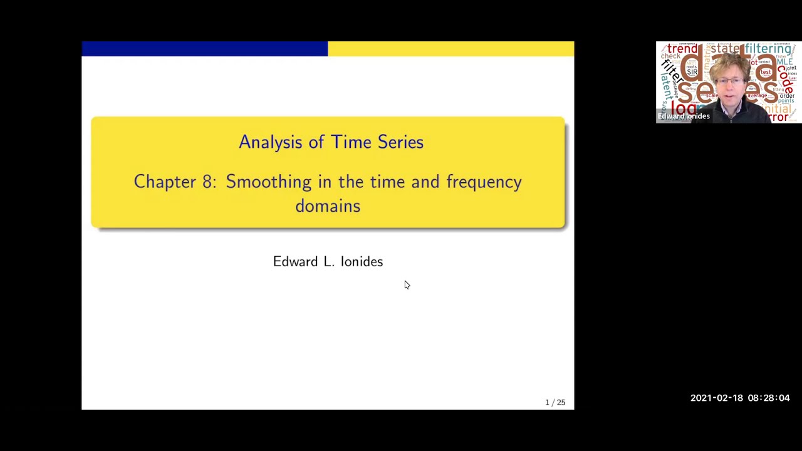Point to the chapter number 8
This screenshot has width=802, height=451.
click(207, 182)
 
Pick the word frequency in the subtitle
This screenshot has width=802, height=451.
click(484, 182)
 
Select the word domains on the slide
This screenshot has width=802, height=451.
click(328, 206)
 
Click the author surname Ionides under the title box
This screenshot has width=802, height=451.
click(362, 262)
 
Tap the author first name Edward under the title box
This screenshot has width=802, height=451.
click(295, 262)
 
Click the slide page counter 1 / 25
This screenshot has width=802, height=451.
click(555, 402)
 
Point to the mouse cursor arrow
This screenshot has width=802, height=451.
click(406, 285)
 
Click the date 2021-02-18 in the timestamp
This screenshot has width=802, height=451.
click(716, 398)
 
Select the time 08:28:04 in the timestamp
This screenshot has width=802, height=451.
click(769, 398)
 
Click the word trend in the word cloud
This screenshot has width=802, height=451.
click(682, 49)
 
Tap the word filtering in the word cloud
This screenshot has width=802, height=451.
click(768, 49)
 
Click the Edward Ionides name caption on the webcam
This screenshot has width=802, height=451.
click(684, 116)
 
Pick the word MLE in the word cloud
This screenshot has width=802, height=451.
click(784, 62)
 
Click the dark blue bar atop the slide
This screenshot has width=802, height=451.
click(204, 49)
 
